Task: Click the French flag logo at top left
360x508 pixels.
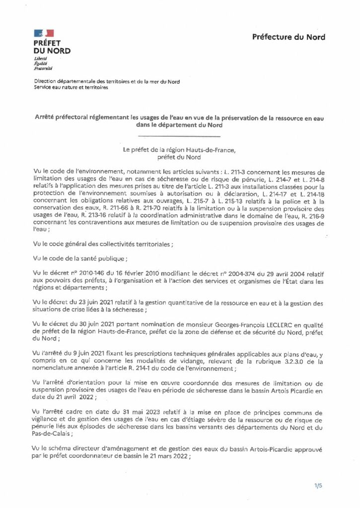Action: click(44, 33)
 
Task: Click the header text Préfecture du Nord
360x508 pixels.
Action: click(288, 37)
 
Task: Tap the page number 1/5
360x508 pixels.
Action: click(318, 485)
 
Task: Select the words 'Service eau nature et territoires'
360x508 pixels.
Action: click(71, 87)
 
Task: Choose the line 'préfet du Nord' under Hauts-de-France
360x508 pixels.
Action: click(178, 158)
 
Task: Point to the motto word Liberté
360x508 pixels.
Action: click(41, 59)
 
